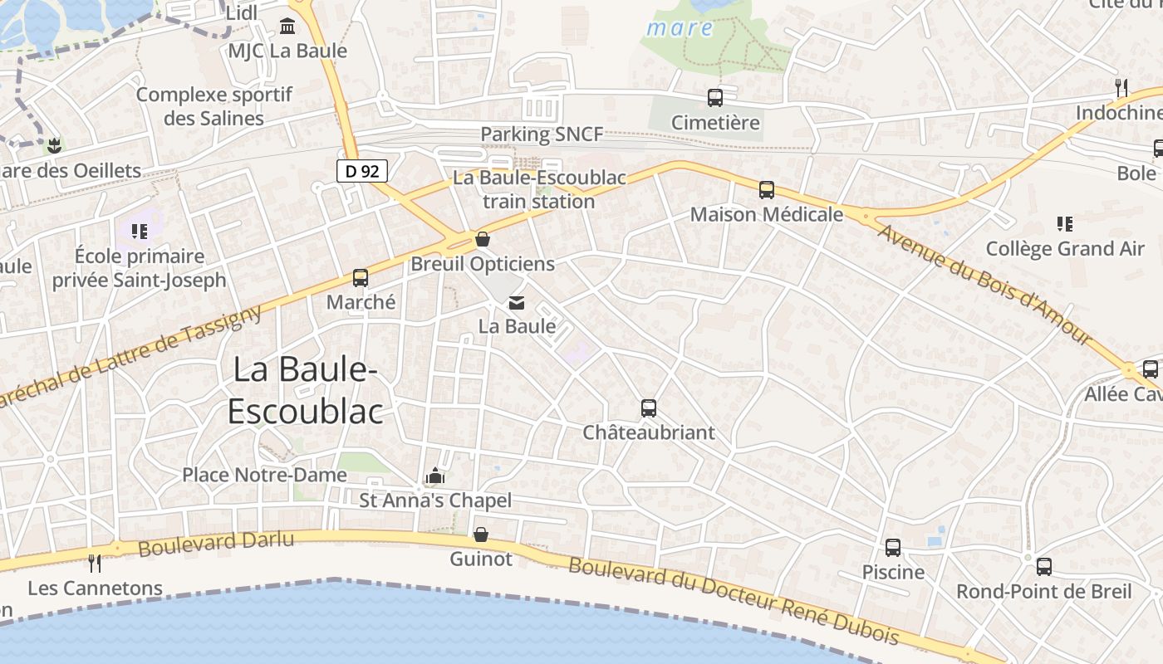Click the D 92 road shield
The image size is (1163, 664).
(x=362, y=171)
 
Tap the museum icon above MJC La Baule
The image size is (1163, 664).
(x=287, y=27)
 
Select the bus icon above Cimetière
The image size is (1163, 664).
(x=715, y=98)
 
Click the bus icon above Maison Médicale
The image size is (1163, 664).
(x=767, y=190)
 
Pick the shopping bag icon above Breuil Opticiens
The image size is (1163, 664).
(x=483, y=240)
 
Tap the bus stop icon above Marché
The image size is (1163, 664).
(x=361, y=278)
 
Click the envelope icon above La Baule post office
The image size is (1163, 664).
(x=517, y=303)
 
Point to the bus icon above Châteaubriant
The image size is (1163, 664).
(x=649, y=408)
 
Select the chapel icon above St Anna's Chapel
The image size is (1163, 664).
(x=434, y=476)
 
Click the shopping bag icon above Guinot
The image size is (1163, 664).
(x=481, y=535)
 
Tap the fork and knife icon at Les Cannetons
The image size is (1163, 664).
(x=95, y=564)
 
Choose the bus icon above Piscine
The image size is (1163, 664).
(x=893, y=548)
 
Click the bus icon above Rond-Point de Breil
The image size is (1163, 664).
(x=1044, y=567)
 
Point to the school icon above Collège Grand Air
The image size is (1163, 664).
(x=1065, y=224)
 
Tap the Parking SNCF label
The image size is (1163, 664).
(x=542, y=134)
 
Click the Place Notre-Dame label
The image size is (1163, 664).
(x=264, y=475)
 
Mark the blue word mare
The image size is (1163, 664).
(x=680, y=28)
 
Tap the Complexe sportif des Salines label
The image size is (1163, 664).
(x=214, y=106)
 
